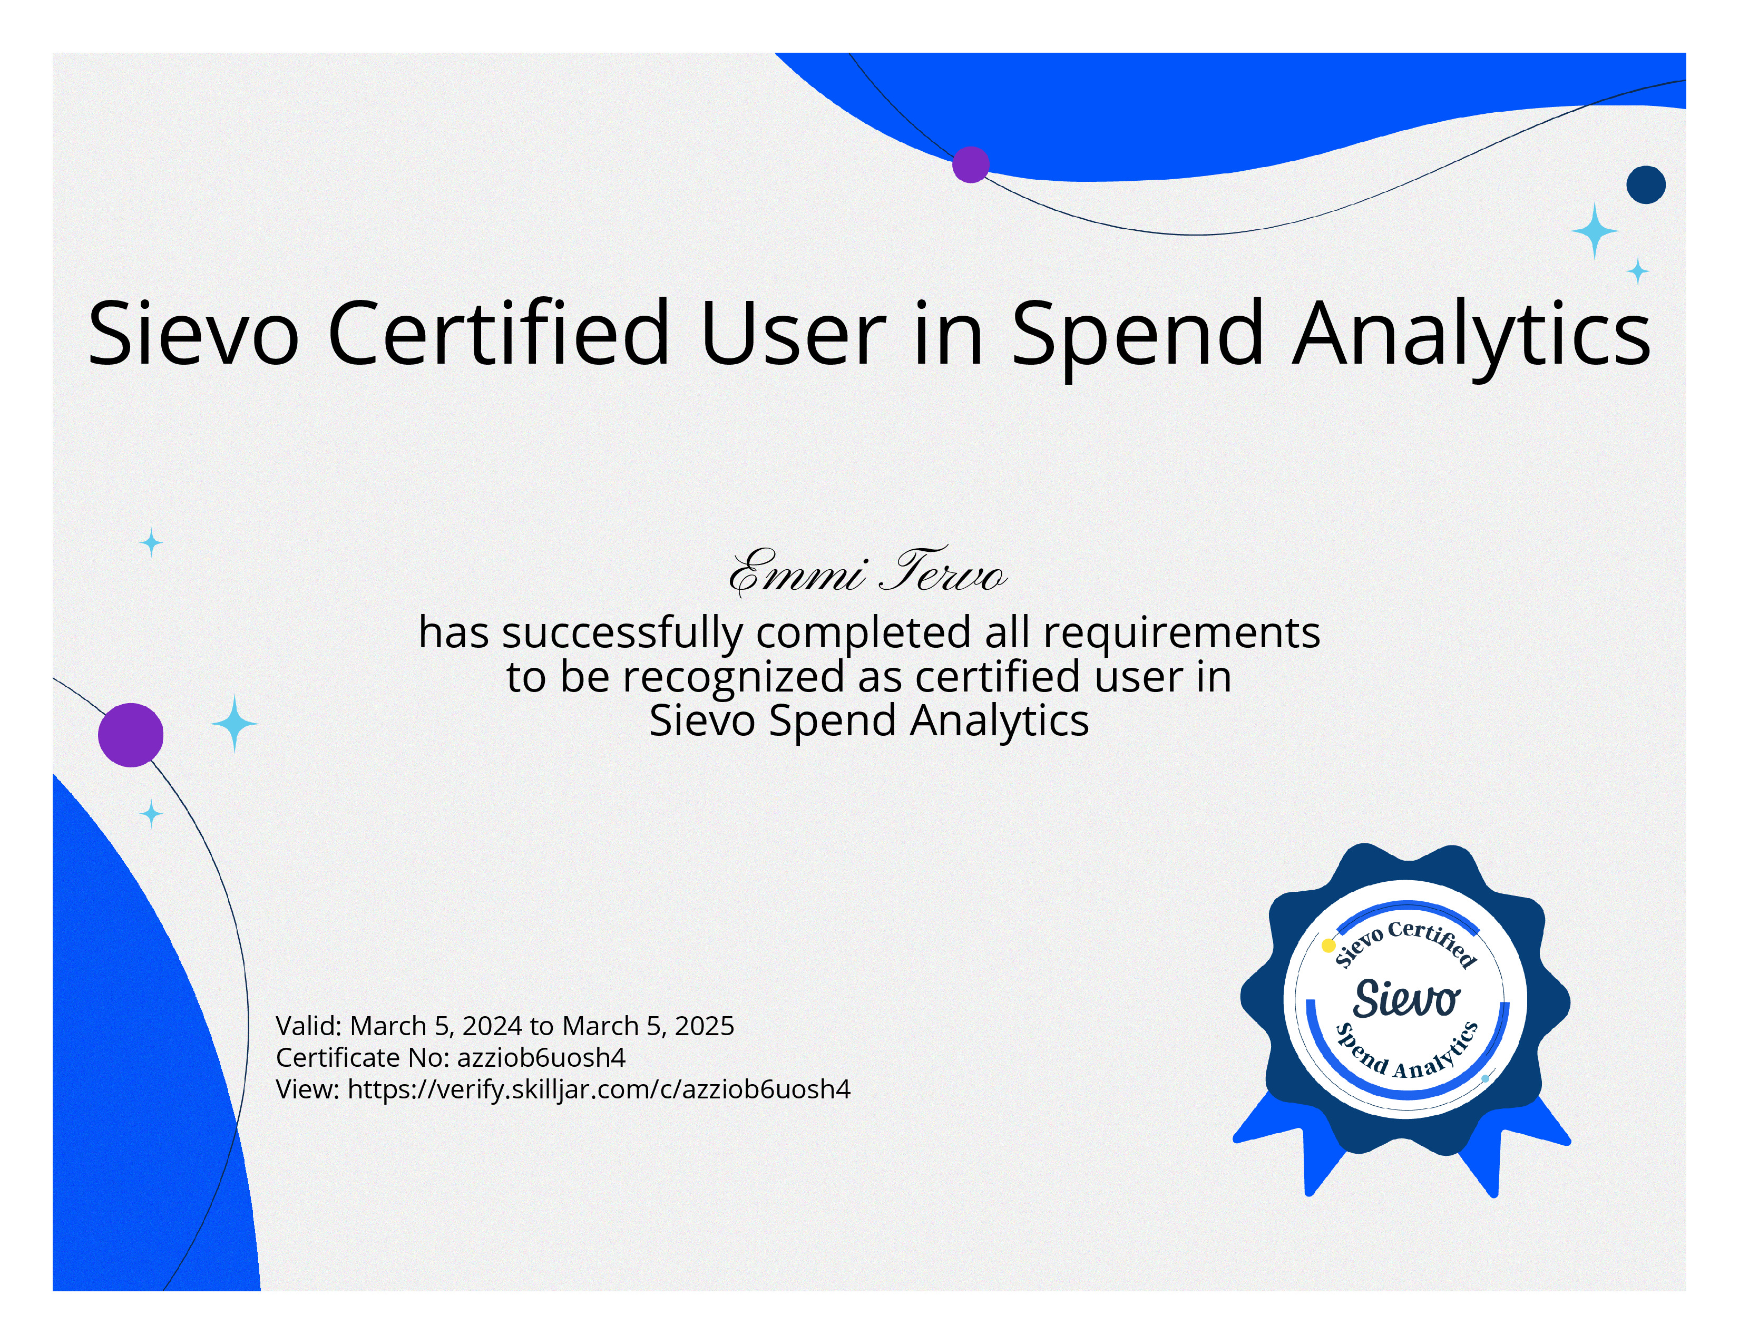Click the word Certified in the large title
(499, 332)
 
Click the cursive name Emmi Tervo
(868, 572)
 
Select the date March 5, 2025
(648, 1026)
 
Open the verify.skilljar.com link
(599, 1089)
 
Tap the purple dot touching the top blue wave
(971, 165)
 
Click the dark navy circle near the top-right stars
(1646, 184)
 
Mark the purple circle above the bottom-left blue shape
(131, 735)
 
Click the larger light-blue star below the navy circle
(1594, 231)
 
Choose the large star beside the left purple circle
(234, 723)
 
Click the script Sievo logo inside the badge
(1405, 998)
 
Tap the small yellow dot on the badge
(1328, 946)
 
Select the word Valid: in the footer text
(309, 1026)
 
